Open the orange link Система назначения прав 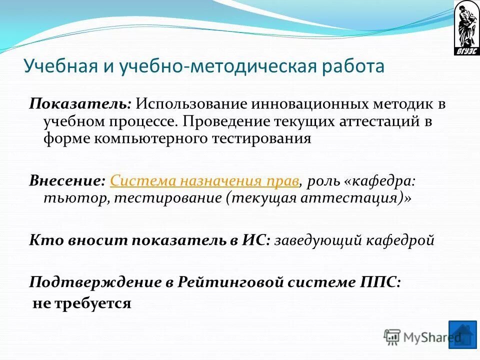tap(205, 180)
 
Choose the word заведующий tap(317, 240)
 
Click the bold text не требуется tap(81, 303)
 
